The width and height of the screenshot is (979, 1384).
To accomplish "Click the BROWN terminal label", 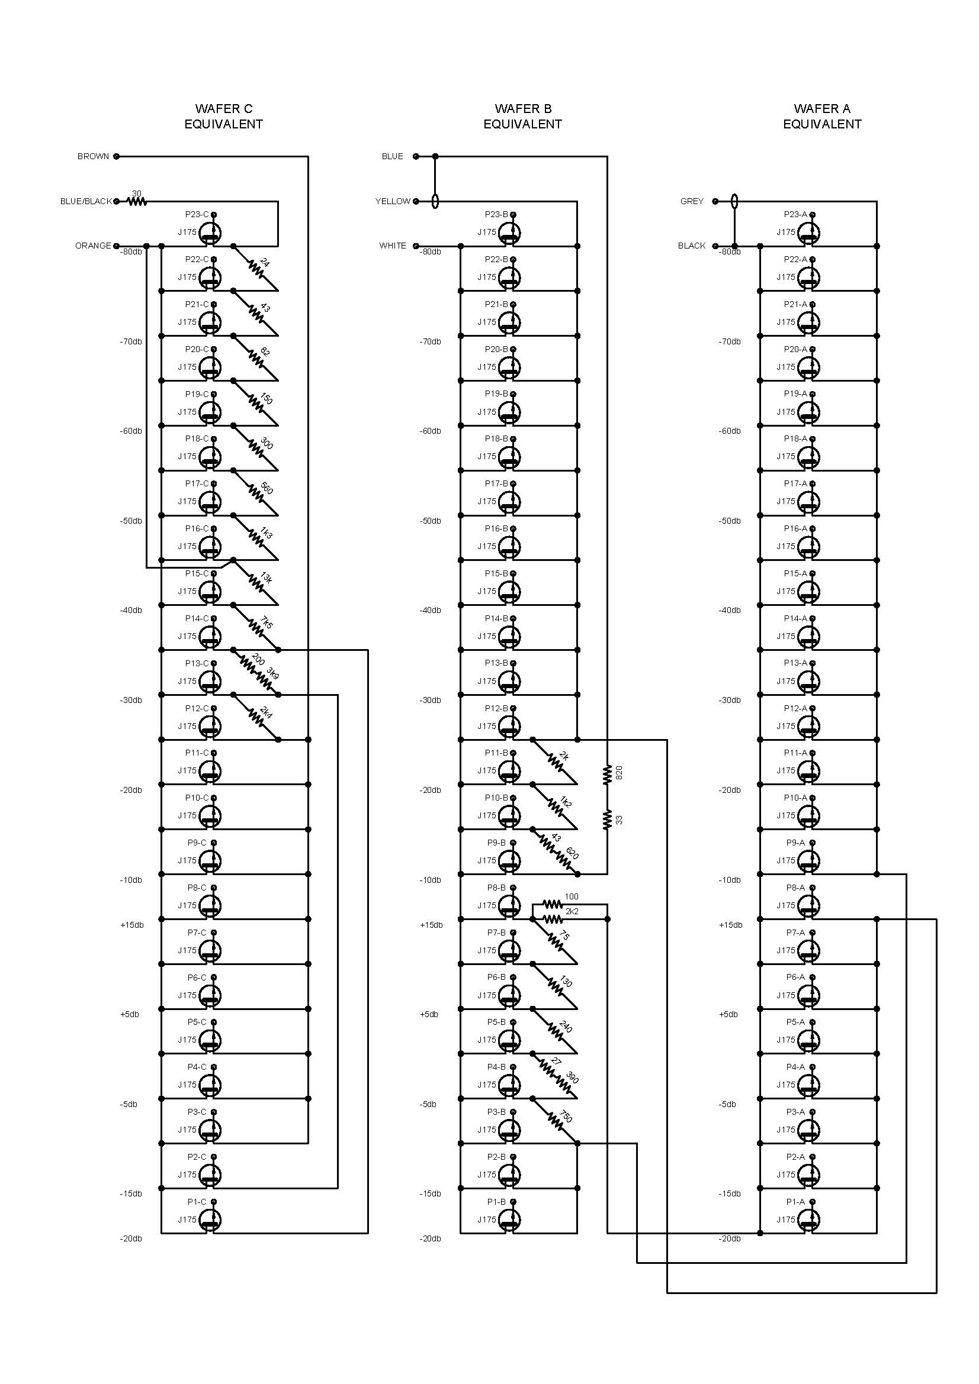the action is pos(93,156).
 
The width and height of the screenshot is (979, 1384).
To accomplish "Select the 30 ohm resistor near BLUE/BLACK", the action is pos(137,201).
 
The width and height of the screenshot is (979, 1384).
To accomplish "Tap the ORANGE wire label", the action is pos(93,246).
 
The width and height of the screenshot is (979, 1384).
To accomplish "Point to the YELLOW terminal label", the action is pos(393,201).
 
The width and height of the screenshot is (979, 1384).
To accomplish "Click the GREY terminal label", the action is pos(692,201).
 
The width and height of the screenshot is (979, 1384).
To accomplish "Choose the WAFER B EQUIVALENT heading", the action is pos(522,117).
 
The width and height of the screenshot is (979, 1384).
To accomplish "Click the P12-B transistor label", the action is pos(496,708).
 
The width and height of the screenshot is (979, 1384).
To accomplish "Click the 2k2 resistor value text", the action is pos(572,911).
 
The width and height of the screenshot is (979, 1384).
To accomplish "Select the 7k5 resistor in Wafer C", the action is pos(256,627).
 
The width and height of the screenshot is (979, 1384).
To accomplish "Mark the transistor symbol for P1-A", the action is pos(809,1220).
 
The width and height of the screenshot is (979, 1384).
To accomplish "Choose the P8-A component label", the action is pos(795,888).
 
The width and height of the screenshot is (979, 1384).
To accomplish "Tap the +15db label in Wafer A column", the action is pos(730,925).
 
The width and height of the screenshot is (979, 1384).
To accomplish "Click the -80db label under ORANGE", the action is pos(131,252).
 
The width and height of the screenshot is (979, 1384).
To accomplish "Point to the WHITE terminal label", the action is pos(393,246).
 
